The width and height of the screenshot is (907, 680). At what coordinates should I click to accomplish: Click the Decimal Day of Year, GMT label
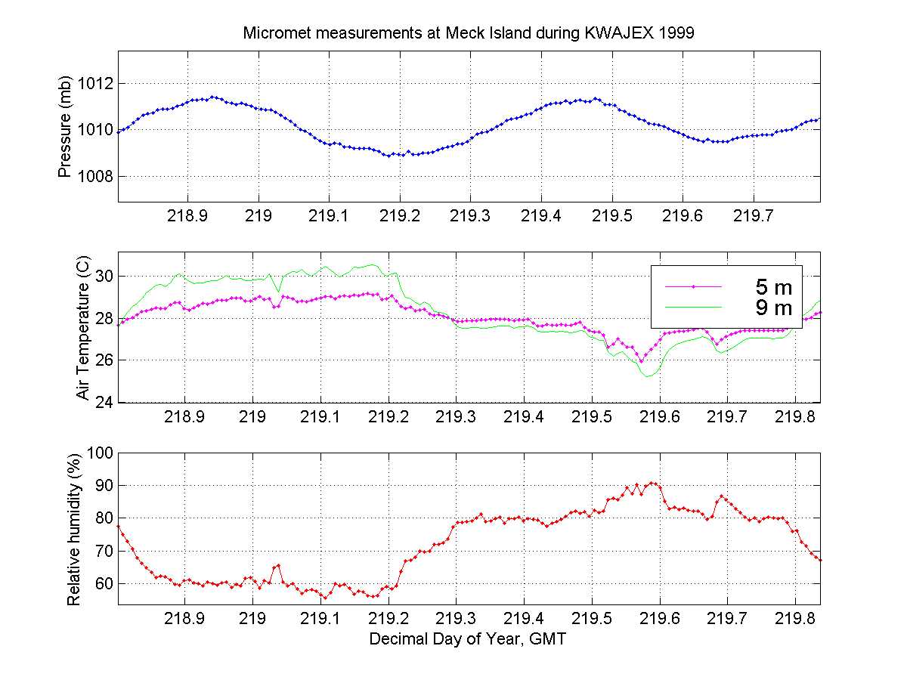click(x=468, y=639)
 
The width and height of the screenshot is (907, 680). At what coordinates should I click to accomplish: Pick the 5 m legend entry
click(x=773, y=286)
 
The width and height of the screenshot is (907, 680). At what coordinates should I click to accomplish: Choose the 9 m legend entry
click(x=773, y=308)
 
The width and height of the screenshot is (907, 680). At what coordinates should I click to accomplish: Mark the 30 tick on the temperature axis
click(x=104, y=277)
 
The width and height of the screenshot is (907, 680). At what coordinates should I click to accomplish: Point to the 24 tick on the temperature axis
click(x=104, y=402)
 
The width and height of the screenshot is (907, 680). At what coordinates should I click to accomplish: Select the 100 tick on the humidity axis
click(x=101, y=453)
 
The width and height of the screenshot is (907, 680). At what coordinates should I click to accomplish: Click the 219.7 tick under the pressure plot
click(x=753, y=216)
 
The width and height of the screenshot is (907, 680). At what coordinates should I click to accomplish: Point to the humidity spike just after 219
click(x=278, y=565)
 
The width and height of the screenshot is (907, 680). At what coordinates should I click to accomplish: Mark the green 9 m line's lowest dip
click(x=648, y=376)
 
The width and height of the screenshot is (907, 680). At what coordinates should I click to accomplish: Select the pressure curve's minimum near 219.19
click(x=387, y=156)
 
